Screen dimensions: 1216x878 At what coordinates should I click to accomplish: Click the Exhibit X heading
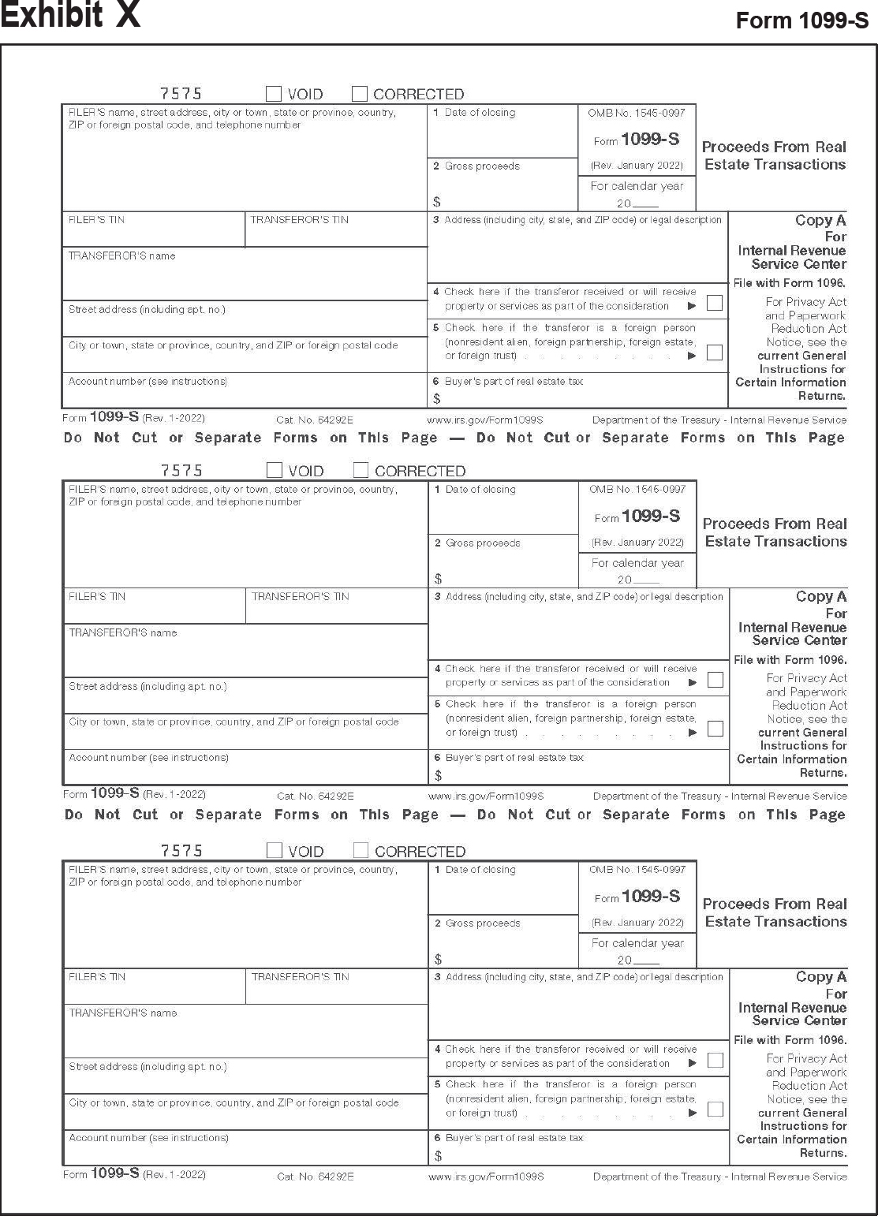click(70, 16)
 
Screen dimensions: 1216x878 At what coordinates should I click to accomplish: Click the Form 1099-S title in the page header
click(801, 21)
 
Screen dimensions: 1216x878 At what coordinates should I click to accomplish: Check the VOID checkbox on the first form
click(274, 94)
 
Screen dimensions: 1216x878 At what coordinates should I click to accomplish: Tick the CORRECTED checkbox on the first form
click(360, 94)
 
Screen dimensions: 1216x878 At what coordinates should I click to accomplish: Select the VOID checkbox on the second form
click(275, 471)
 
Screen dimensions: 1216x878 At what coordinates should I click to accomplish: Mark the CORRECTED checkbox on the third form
click(361, 851)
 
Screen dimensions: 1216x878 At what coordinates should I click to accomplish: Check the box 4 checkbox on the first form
click(715, 303)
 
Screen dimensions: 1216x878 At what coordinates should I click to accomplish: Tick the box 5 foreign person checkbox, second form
click(715, 729)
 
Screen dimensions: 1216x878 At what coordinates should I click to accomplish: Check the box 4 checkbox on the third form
click(715, 1060)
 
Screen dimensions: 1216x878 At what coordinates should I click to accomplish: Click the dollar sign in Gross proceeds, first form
click(437, 203)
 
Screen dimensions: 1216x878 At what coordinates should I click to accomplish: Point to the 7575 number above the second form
click(181, 471)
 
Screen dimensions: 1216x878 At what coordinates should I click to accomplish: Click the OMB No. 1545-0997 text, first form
click(637, 113)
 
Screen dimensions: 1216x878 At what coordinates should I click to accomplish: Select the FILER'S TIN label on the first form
click(96, 220)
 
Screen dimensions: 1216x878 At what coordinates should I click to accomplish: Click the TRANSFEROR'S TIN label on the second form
click(300, 597)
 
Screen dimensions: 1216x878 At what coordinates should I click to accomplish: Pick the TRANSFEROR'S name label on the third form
click(123, 1013)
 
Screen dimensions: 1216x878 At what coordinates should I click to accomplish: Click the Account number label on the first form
click(148, 382)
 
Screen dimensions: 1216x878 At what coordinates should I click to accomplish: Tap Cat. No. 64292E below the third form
click(316, 1177)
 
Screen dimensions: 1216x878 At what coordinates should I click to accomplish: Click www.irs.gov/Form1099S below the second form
click(486, 796)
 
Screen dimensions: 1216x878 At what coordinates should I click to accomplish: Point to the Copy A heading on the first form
click(820, 221)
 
